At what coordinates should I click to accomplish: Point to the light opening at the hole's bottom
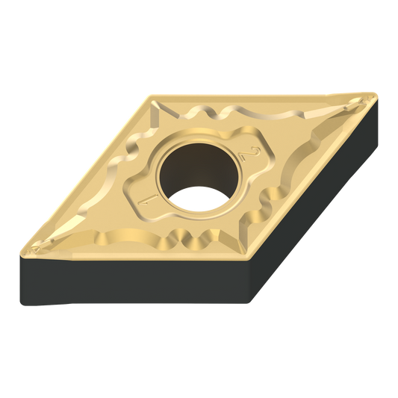point(200,199)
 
